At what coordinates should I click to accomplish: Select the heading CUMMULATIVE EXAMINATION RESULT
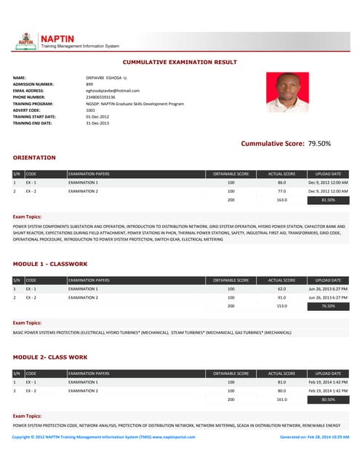[x=180, y=62]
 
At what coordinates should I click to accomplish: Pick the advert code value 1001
[x=90, y=110]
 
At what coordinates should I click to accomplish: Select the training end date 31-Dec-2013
[x=97, y=123]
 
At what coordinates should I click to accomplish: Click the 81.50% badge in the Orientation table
[x=328, y=199]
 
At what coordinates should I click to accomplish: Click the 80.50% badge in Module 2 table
[x=328, y=399]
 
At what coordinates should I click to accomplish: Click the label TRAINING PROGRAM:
[x=34, y=103]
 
